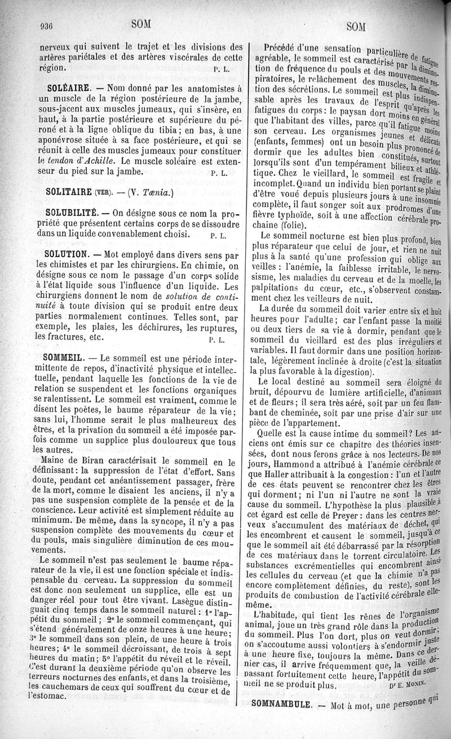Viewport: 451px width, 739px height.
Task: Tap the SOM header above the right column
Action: tap(356, 26)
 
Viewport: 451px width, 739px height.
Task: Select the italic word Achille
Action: tap(99, 160)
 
